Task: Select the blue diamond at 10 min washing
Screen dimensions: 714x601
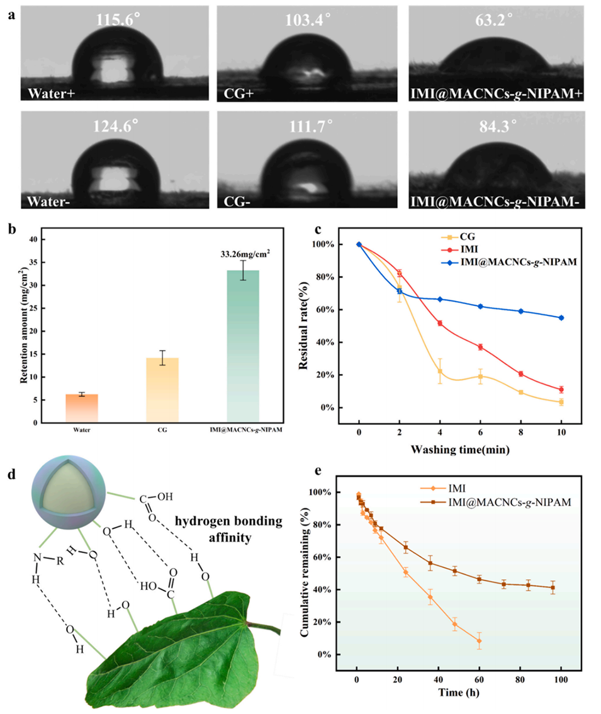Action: tap(561, 318)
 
